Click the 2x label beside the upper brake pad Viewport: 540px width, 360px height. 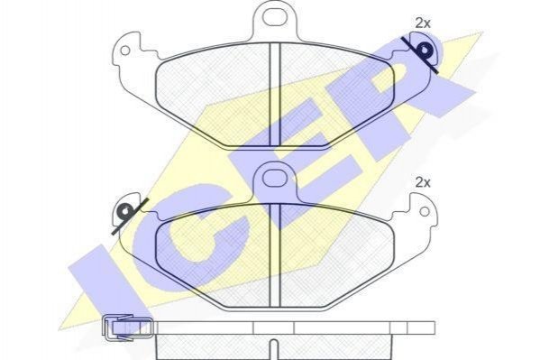point(423,23)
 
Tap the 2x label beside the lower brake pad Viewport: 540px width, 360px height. point(423,182)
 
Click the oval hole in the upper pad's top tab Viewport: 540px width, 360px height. point(275,17)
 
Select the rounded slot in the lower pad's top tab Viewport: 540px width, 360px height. point(274,178)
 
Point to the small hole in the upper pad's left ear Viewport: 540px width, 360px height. point(125,51)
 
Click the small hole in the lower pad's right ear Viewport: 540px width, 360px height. point(425,211)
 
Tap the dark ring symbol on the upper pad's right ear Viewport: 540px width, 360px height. point(424,51)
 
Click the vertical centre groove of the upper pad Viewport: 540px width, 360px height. point(275,94)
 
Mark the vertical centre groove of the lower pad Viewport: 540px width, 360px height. point(275,254)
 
